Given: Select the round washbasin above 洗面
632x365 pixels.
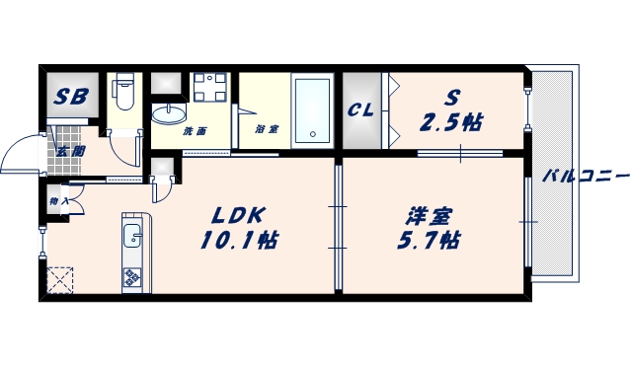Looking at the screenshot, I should coord(167,111).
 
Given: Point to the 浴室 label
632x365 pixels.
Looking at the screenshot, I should coord(266,129).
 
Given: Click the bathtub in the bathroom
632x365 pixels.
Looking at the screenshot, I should coord(315,109).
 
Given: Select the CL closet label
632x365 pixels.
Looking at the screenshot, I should coord(359,110).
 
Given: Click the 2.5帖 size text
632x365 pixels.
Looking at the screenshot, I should coord(452,122).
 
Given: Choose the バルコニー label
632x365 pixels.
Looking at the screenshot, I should coord(585,177).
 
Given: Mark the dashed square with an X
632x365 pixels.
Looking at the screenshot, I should coord(60,280).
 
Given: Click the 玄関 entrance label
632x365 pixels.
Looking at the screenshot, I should coord(69,151).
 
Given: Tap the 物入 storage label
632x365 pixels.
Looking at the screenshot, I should coord(57,201).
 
